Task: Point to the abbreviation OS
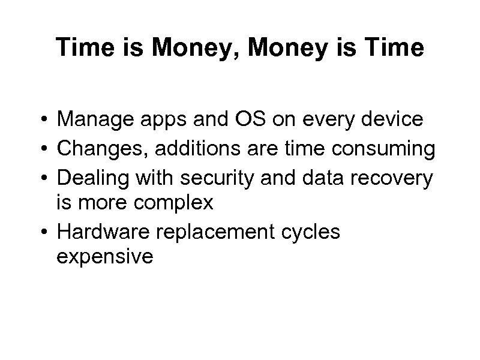point(240,121)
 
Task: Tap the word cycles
point(311,232)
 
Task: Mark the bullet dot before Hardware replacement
point(45,232)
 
